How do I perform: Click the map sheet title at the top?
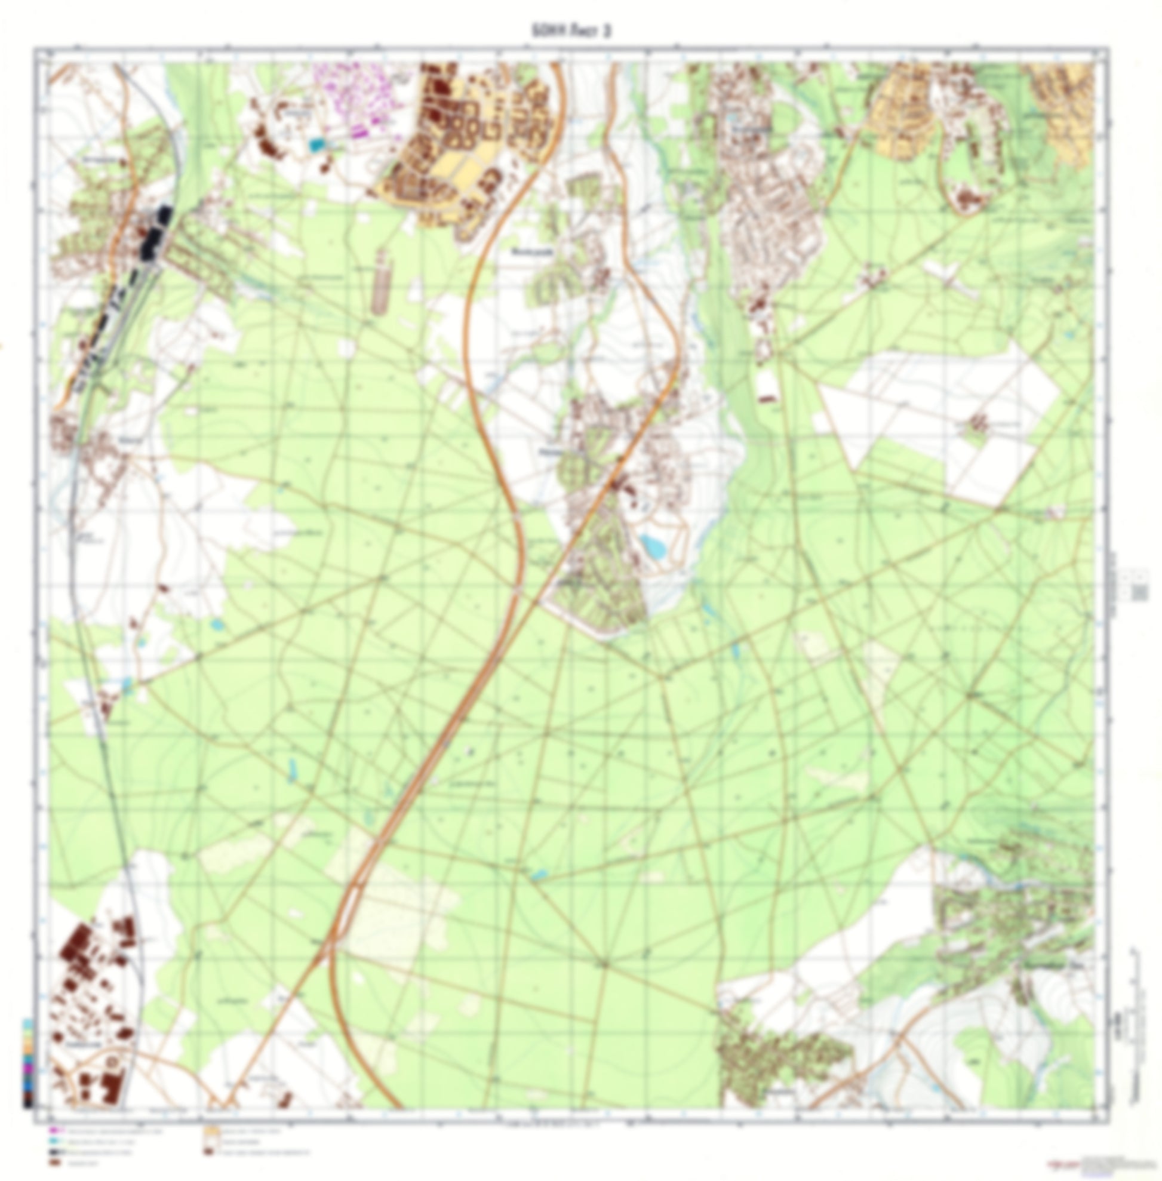point(571,31)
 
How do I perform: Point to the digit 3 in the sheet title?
point(607,31)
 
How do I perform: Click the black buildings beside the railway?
point(156,232)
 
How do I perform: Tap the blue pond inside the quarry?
point(654,545)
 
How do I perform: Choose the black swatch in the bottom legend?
point(54,1151)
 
